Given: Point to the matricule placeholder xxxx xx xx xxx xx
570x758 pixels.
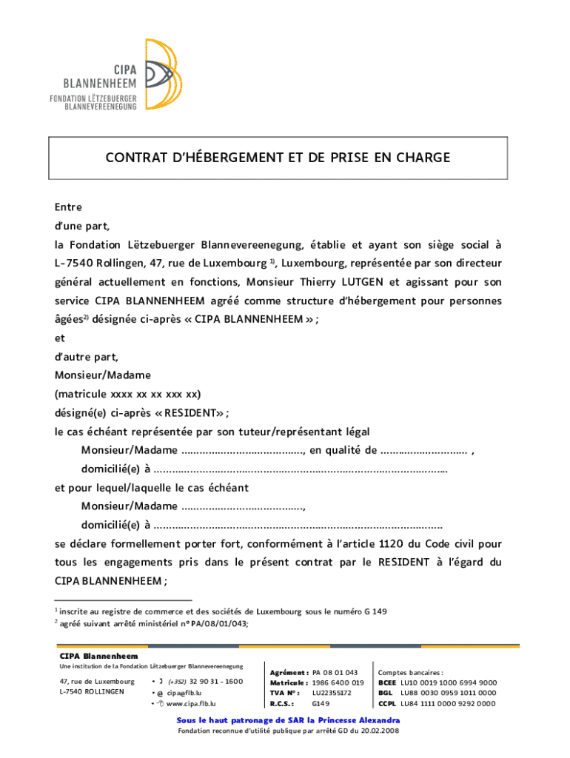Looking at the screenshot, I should point(155,394).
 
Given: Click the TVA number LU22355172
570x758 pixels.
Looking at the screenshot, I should point(332,693).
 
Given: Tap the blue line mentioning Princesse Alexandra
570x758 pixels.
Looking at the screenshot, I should point(288,720).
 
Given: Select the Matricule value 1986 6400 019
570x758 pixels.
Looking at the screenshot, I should point(338,682).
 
